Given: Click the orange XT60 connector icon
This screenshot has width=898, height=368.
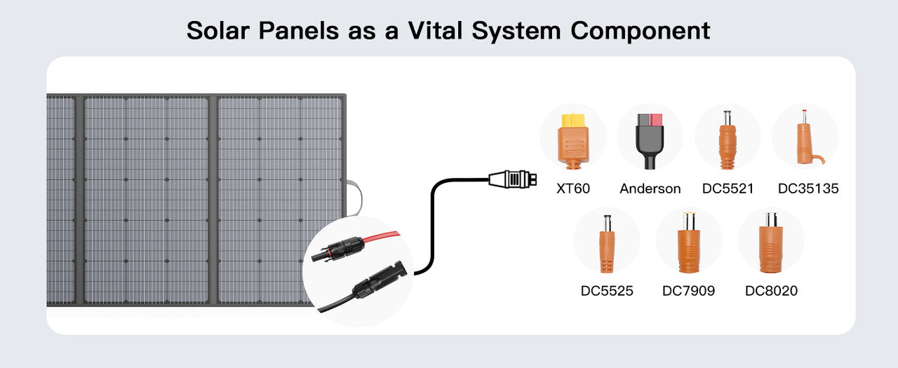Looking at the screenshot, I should tap(572, 139).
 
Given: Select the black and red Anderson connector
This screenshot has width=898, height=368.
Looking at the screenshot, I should tap(650, 139).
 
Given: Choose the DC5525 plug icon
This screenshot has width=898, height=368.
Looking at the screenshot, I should tap(607, 243).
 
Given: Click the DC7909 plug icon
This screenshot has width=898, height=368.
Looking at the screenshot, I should tap(688, 243).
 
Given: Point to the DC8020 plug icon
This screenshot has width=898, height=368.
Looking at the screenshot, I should tap(771, 243).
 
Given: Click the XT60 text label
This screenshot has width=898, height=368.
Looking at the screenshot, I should tap(572, 189).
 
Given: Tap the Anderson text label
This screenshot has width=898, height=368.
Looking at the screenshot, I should tap(650, 189).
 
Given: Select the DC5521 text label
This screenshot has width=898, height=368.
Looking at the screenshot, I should tap(728, 189).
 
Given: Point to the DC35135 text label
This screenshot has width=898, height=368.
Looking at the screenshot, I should tap(808, 189).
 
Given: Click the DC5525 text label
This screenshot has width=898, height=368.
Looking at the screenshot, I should tap(607, 290).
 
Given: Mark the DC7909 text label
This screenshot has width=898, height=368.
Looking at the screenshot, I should tap(688, 290).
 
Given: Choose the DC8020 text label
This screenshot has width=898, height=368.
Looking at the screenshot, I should tap(771, 290).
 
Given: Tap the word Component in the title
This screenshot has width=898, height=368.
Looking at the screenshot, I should tap(640, 31).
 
